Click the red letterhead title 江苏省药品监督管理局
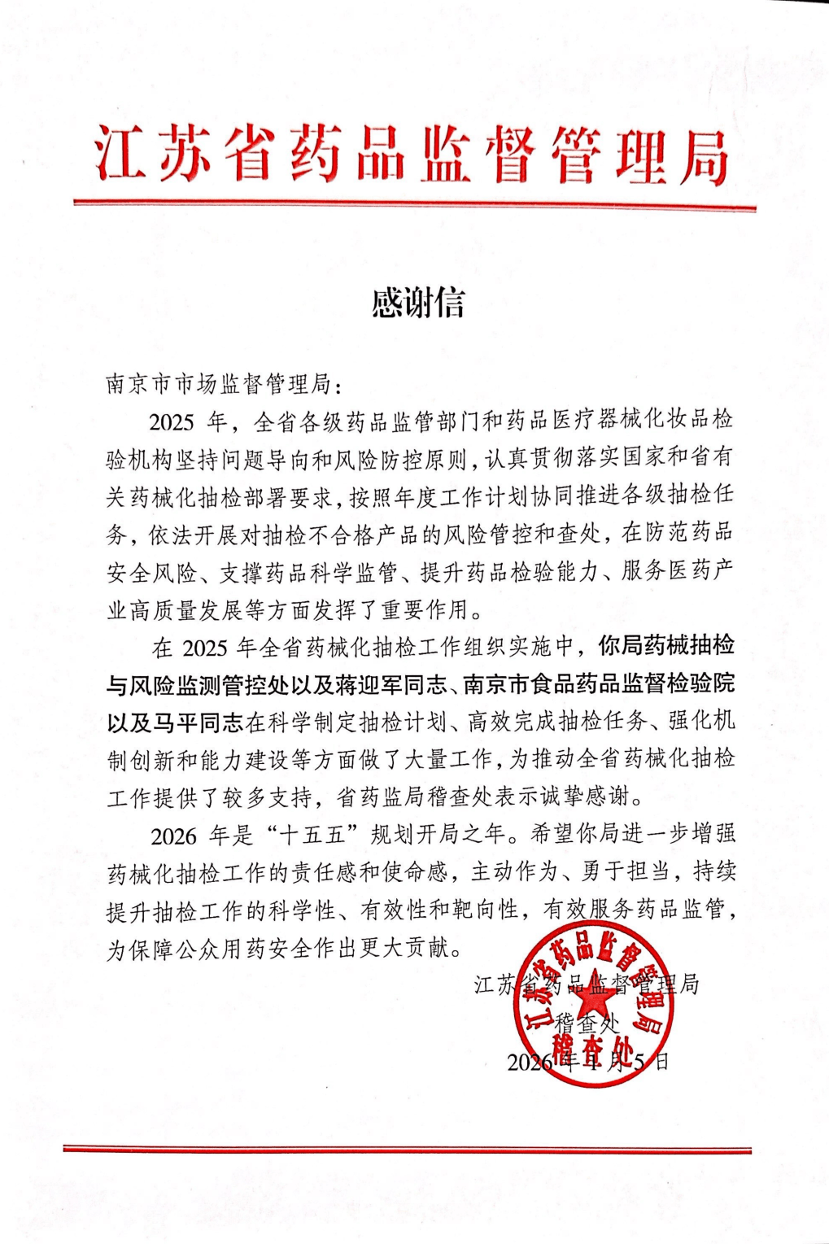(412, 155)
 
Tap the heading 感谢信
(417, 303)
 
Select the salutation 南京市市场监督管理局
(217, 383)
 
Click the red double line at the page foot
(407, 1149)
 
